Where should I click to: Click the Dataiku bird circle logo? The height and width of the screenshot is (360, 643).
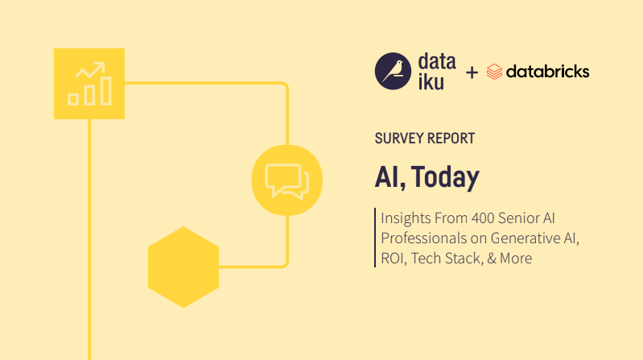click(x=393, y=71)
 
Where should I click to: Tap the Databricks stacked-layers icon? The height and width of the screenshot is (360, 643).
click(x=494, y=72)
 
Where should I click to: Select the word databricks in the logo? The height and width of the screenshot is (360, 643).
click(x=547, y=72)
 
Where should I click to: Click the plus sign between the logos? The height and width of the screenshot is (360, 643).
click(x=472, y=72)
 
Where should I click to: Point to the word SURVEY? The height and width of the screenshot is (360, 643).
click(x=398, y=139)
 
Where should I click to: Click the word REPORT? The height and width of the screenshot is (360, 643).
click(x=450, y=139)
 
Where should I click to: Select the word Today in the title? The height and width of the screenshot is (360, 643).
click(x=445, y=177)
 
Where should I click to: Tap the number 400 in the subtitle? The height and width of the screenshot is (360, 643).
click(x=483, y=218)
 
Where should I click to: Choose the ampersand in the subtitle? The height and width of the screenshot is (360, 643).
click(x=492, y=259)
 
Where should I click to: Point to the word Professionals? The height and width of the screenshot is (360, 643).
click(x=422, y=238)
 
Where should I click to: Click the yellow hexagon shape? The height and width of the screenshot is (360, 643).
click(x=183, y=267)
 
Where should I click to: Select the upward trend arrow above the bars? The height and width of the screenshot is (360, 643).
click(x=91, y=70)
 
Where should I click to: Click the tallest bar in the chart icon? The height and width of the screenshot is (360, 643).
click(x=106, y=91)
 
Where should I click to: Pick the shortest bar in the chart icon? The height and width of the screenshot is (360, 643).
click(x=73, y=99)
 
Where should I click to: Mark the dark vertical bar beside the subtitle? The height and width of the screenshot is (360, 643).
click(x=375, y=238)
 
